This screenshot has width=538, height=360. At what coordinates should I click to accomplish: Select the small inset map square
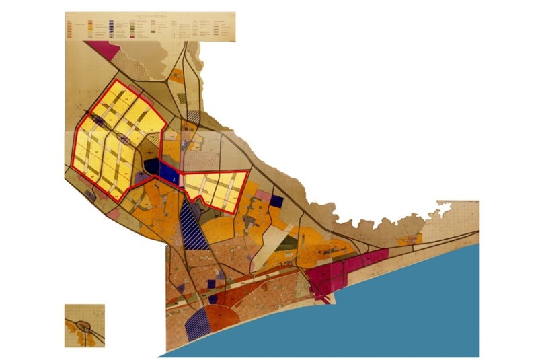click(x=85, y=326)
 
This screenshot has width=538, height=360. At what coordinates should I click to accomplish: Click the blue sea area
click(x=417, y=303)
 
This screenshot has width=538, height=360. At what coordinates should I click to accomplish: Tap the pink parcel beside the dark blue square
click(x=263, y=195)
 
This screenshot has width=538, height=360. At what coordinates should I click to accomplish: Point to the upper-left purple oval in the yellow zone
click(x=98, y=120)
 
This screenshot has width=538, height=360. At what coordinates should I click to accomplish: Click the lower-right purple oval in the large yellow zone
click(x=124, y=139)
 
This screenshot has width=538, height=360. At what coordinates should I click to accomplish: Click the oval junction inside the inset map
click(x=85, y=327)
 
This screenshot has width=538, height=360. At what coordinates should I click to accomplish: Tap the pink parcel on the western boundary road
click(x=114, y=214)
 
